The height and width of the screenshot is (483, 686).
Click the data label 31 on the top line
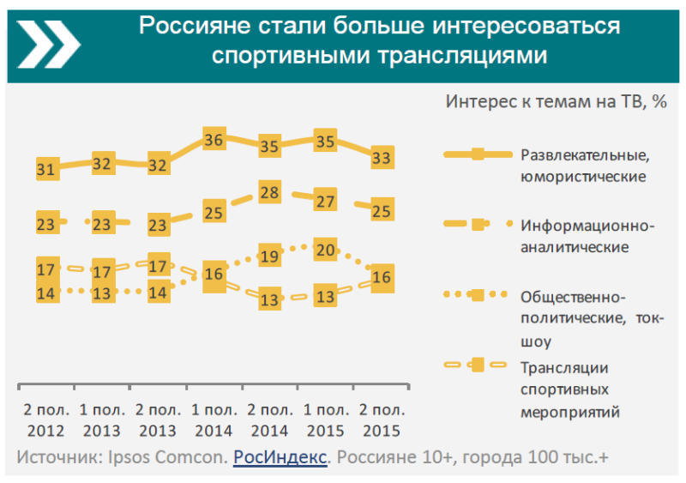46,169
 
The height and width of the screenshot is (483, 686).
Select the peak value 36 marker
214,140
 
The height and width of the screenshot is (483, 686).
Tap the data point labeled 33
382,157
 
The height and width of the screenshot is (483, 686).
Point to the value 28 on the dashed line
270,192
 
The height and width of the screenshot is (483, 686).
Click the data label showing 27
326,202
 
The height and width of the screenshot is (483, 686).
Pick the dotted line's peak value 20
326,250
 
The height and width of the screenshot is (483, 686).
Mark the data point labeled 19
270,256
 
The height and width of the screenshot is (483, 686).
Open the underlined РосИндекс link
280,457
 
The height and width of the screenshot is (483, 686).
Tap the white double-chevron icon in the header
47,41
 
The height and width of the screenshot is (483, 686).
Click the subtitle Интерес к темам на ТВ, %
556,100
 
